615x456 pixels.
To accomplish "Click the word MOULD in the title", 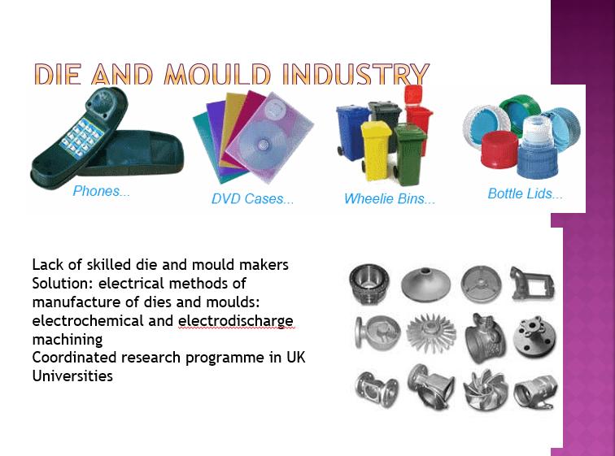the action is (x=217, y=74).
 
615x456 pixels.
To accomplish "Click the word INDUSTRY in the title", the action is (x=356, y=74).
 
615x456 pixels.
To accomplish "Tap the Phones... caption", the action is (x=101, y=191).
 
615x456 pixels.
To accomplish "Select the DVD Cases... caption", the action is (x=252, y=198).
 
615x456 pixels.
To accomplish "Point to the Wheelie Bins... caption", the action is (x=390, y=198).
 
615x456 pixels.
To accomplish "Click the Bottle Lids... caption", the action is (x=526, y=193).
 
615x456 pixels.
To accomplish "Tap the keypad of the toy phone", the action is (x=81, y=138).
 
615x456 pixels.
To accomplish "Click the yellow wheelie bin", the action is (x=375, y=150).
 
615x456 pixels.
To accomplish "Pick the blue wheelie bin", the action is (x=352, y=132).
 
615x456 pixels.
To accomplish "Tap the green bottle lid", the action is (x=520, y=111).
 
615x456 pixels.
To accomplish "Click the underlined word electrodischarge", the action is (x=235, y=321).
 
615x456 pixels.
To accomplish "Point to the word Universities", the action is (x=72, y=376).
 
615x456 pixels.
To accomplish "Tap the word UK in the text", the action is (x=296, y=358).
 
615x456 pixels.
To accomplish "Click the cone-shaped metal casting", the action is (x=426, y=284).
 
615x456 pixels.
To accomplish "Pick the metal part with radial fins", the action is (x=431, y=332).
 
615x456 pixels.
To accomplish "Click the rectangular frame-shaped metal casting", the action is (x=532, y=284).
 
